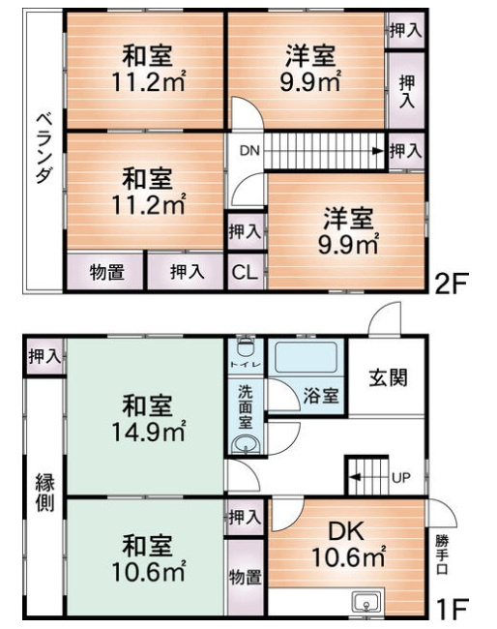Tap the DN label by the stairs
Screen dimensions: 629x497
pos(248,151)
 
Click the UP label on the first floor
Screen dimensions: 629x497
pos(401,478)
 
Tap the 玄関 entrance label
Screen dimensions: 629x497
pos(387,376)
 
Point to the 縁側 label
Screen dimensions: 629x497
pos(44,493)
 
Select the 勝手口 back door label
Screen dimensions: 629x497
pos(442,554)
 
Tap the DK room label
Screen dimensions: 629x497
pos(346,533)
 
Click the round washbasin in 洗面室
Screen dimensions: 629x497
pos(245,444)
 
